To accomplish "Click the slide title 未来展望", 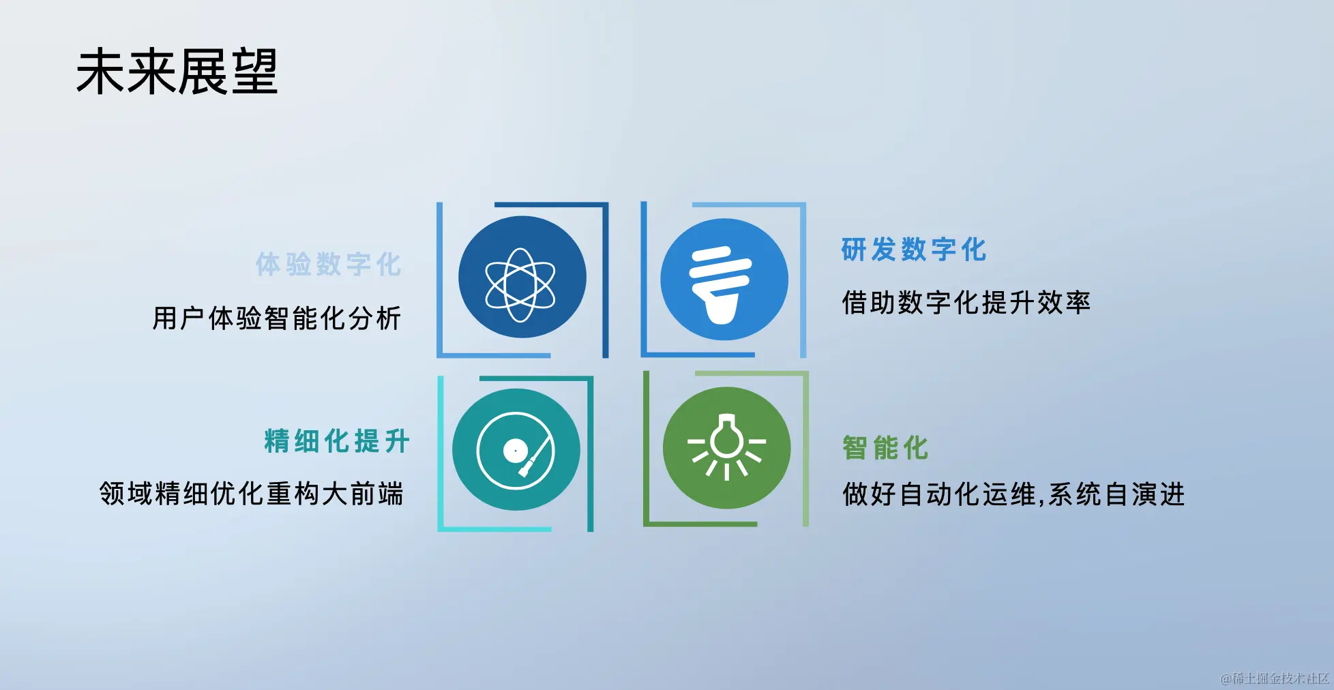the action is (177, 72).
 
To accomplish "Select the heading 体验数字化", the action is (329, 264).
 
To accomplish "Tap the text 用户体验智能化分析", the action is (277, 318).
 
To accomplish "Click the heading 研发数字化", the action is (914, 250).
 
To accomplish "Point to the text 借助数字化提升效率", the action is (966, 303).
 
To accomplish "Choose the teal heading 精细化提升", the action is (337, 441).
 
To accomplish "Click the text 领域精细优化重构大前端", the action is (252, 494).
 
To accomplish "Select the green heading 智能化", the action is (886, 448).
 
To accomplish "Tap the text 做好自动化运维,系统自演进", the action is (1013, 494).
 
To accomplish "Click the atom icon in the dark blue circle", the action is (520, 285).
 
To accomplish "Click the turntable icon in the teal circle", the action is (516, 451).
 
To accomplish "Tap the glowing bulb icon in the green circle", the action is (726, 447).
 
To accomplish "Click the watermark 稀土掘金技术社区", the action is (1275, 678).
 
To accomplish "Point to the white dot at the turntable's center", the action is (514, 451).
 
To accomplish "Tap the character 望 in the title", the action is (254, 72).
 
